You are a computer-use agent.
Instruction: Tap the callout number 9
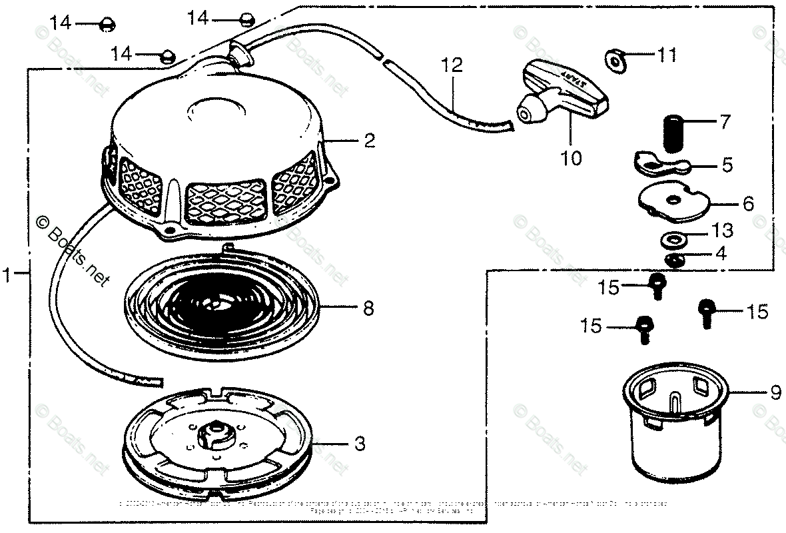[775, 394]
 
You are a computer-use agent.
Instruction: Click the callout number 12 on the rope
[452, 66]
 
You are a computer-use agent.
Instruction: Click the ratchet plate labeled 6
[672, 201]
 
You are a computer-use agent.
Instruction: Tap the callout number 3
[359, 444]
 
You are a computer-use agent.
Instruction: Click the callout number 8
[368, 309]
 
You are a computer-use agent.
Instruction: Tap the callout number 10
[572, 159]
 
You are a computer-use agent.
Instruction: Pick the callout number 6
[748, 204]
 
